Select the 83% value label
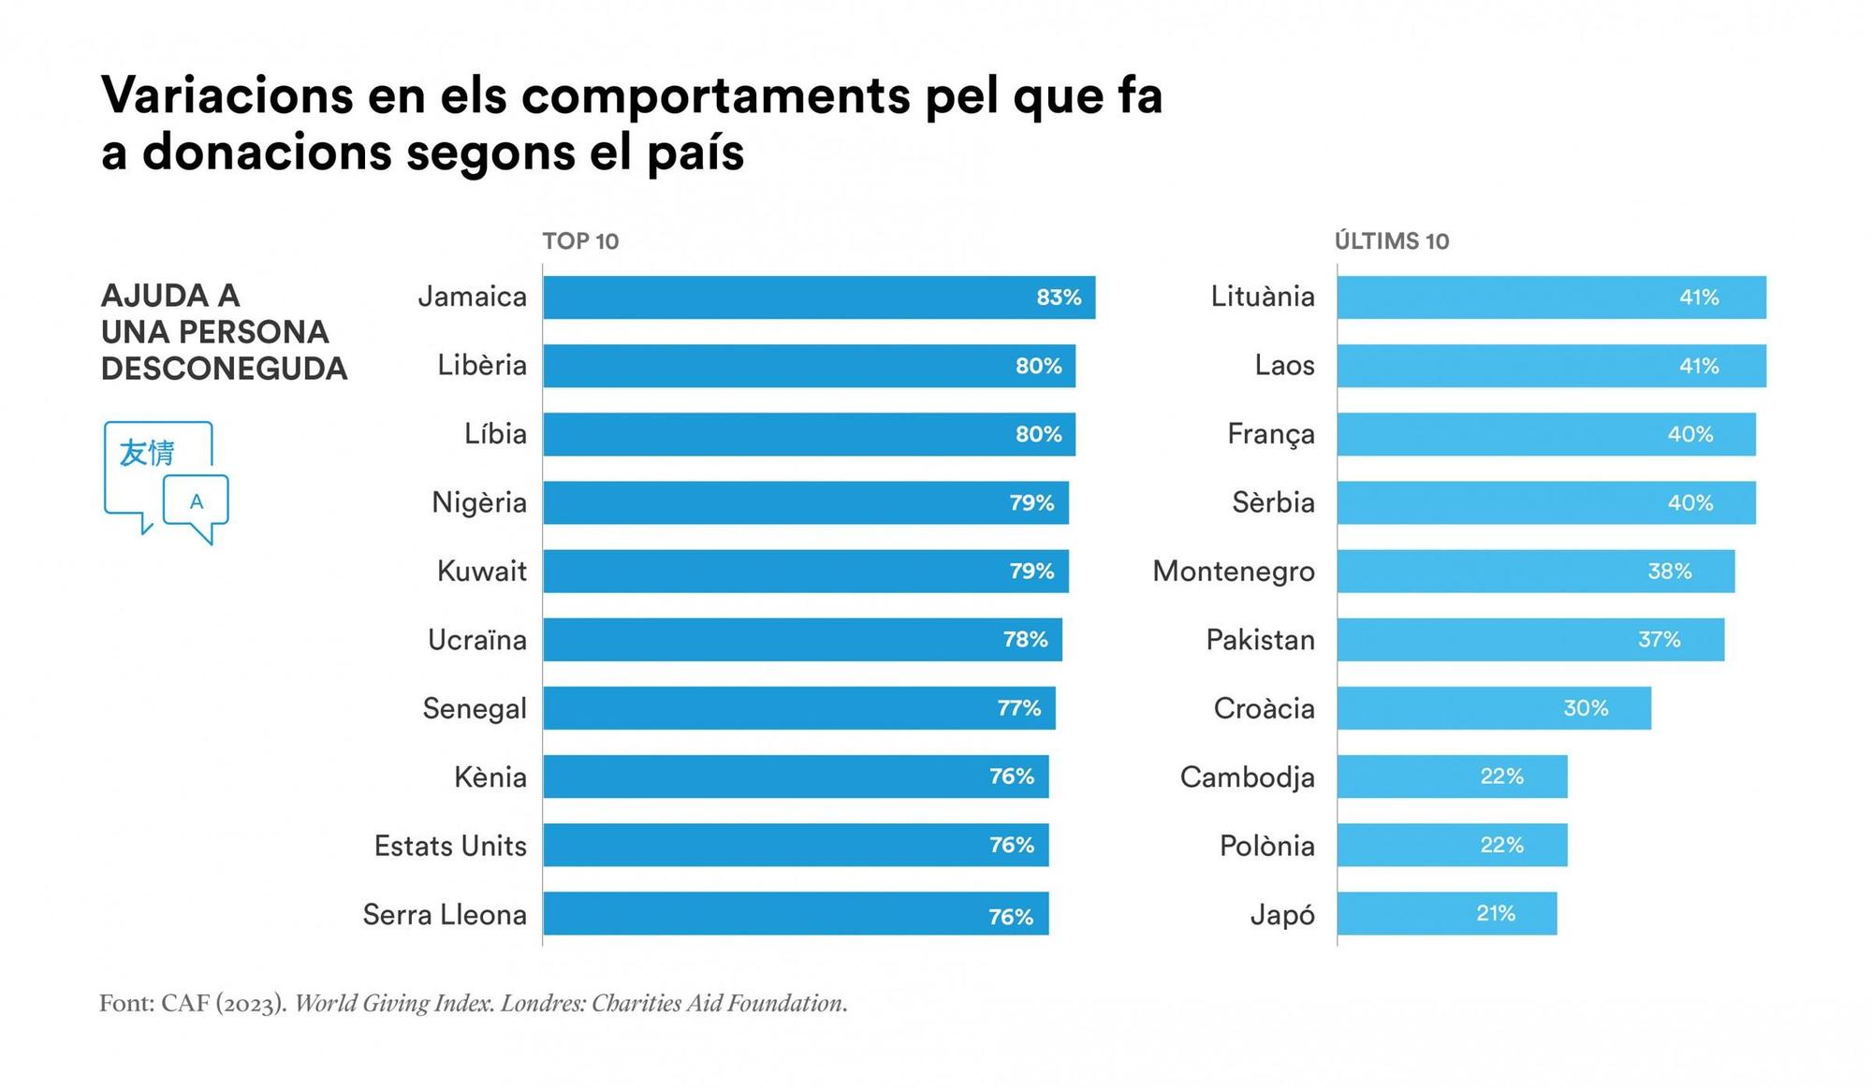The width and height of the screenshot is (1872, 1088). click(1059, 297)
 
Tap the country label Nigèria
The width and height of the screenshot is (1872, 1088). click(479, 503)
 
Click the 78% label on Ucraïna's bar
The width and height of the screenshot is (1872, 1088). click(1025, 640)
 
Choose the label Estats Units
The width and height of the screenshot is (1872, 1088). click(450, 846)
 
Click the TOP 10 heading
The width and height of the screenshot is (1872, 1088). click(580, 241)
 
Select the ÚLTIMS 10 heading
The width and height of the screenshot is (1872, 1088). click(1392, 241)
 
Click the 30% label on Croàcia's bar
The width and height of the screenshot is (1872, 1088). click(1586, 708)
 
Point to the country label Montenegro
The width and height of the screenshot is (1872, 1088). click(1234, 572)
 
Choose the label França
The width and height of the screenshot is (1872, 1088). click(1271, 435)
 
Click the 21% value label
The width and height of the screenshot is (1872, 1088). click(1496, 914)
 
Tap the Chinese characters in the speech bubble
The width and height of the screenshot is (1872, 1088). click(147, 453)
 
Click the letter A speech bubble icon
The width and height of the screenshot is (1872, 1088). click(197, 502)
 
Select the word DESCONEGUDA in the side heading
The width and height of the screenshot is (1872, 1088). click(224, 369)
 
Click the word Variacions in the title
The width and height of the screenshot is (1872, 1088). click(227, 95)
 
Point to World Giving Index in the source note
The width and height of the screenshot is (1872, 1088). click(394, 1004)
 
